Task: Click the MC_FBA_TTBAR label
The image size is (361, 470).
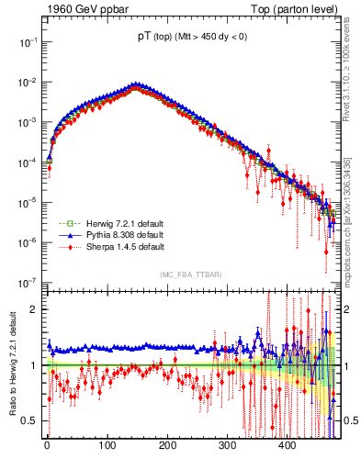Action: click(189, 274)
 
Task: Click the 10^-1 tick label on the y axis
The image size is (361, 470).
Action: click(25, 42)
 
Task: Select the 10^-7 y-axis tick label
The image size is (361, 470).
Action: click(25, 282)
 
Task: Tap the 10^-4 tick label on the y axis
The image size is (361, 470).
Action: click(25, 162)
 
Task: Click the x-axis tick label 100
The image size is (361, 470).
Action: click(107, 445)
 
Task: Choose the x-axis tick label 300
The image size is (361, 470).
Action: click(227, 445)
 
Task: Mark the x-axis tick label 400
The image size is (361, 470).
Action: click(287, 445)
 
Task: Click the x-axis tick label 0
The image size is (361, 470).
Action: click(48, 445)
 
